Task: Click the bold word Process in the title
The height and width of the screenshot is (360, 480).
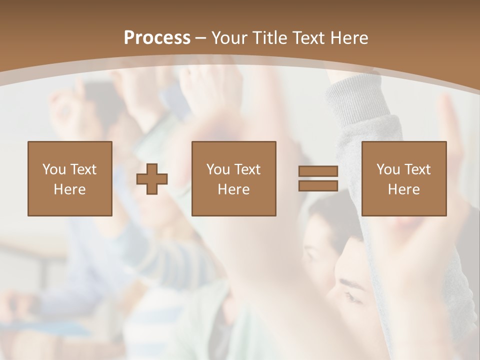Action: (157, 38)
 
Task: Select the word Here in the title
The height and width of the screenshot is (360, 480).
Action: (348, 38)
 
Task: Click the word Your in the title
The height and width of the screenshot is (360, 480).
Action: (228, 38)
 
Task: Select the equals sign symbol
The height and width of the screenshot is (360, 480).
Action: (318, 178)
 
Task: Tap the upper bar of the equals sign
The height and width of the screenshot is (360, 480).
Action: (318, 172)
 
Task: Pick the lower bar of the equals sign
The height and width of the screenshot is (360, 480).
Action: (318, 185)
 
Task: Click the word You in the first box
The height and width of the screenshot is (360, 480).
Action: (53, 169)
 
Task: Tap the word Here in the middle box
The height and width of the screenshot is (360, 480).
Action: (233, 189)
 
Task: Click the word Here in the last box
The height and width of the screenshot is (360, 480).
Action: (403, 189)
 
